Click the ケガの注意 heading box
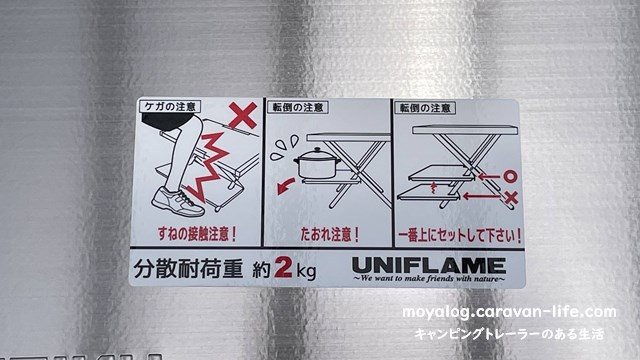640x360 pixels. click(x=170, y=107)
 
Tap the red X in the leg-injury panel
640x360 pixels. click(x=243, y=116)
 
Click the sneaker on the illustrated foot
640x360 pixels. click(x=178, y=202)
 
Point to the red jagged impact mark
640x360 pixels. click(x=208, y=167)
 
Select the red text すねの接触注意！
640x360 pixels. click(x=197, y=234)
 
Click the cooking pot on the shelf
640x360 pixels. click(x=317, y=164)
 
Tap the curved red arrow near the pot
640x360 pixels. click(x=286, y=186)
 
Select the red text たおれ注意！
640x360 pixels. click(x=330, y=235)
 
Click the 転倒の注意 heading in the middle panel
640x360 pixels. click(x=298, y=108)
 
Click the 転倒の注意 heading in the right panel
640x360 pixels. click(x=425, y=108)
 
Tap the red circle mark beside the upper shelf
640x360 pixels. click(x=510, y=177)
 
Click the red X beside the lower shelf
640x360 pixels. click(x=510, y=198)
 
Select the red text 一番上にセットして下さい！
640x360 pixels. click(x=460, y=236)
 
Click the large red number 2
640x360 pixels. click(x=284, y=267)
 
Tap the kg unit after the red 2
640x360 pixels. click(x=306, y=270)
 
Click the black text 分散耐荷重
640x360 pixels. click(x=188, y=269)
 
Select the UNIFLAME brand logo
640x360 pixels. click(x=429, y=266)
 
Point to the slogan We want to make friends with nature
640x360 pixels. click(x=429, y=279)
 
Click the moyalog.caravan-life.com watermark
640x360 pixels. click(x=509, y=313)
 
